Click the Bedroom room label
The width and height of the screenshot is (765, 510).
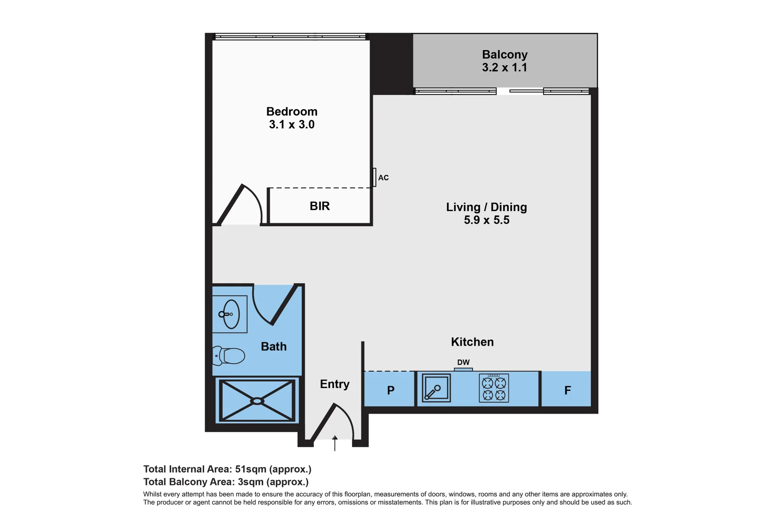tap(292, 112)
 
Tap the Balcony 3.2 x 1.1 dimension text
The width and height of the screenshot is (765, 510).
tap(504, 68)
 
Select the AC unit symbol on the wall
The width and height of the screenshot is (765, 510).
tap(374, 178)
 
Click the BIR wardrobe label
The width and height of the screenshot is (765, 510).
tap(319, 206)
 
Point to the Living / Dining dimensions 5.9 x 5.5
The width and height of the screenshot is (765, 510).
tap(486, 220)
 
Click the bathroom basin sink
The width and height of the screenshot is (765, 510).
tap(231, 314)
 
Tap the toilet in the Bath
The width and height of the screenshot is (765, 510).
tap(230, 356)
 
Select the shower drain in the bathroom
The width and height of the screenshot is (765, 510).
tap(257, 401)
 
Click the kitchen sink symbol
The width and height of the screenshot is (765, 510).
tap(436, 388)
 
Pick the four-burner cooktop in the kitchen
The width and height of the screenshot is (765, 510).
tap(494, 388)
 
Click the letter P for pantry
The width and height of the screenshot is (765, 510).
tap(391, 391)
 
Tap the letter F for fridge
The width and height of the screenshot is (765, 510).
tap(567, 391)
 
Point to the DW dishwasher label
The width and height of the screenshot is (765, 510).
tap(463, 362)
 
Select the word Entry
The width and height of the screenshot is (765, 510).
tap(335, 384)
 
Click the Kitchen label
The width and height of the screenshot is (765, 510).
tap(472, 342)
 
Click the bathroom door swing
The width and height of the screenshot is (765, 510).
tap(274, 305)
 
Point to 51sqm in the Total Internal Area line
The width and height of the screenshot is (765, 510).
tap(250, 469)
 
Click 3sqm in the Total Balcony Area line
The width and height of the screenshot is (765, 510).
tap(250, 482)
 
